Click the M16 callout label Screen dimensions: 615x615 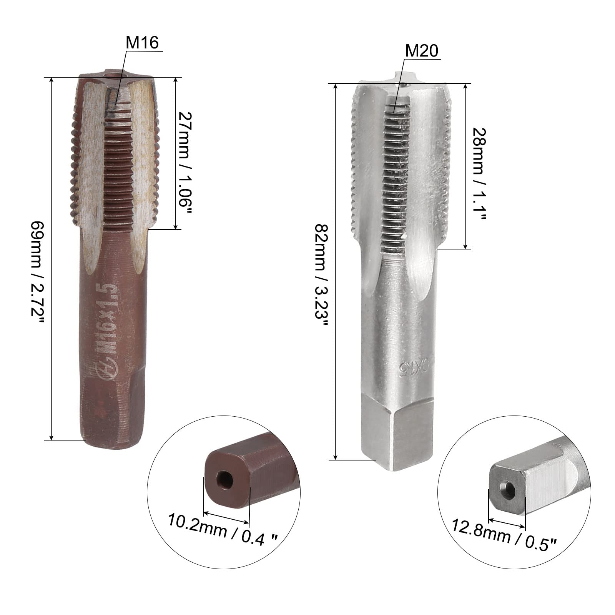pyautogui.click(x=142, y=43)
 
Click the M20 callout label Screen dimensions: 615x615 pyautogui.click(x=422, y=51)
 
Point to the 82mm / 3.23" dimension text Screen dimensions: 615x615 pyautogui.click(x=321, y=275)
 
